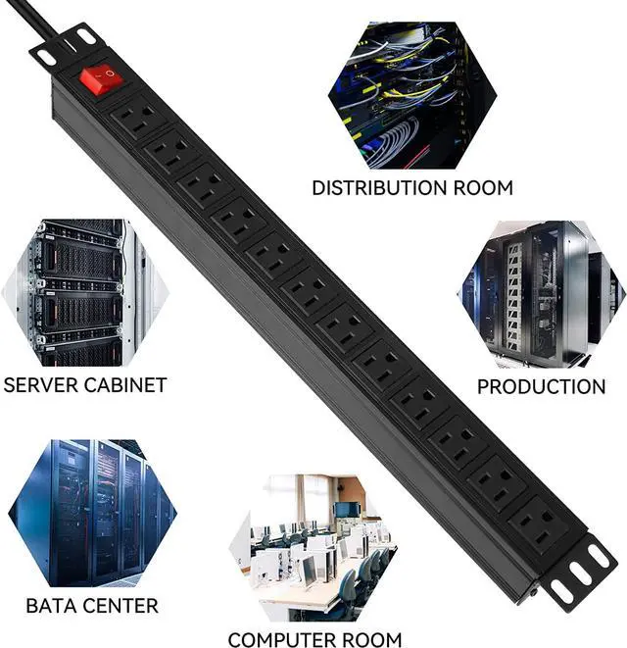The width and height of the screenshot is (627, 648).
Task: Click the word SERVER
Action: [43, 384]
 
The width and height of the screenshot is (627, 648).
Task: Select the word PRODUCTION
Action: [541, 386]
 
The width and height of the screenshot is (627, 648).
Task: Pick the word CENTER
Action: [122, 606]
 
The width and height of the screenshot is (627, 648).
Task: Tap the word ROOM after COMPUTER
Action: [368, 639]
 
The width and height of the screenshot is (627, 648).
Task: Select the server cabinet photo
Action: [73, 292]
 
